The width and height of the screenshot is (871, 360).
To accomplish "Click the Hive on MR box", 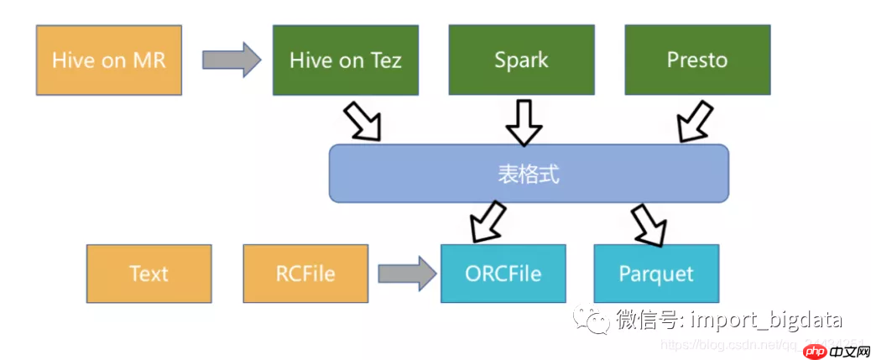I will tap(109, 60).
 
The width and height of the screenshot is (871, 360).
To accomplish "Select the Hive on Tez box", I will tap(346, 60).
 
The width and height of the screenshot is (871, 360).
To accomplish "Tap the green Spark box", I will tap(521, 60).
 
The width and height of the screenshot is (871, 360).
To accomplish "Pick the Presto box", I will tap(696, 60).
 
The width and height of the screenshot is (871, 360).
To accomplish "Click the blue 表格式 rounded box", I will tap(528, 174).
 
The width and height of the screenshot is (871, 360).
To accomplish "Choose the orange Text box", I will tap(149, 274).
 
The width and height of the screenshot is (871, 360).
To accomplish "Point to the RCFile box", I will tap(305, 274).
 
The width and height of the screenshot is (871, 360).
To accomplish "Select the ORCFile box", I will tap(503, 274).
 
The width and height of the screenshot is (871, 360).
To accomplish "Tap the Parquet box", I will tap(656, 274).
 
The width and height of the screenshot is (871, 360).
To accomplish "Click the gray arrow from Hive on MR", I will tap(232, 60).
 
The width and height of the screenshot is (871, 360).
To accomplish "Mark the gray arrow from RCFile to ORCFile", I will tap(407, 273).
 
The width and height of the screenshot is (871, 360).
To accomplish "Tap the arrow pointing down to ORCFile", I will tap(487, 223).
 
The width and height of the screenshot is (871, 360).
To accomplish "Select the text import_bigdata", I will tap(765, 320).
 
